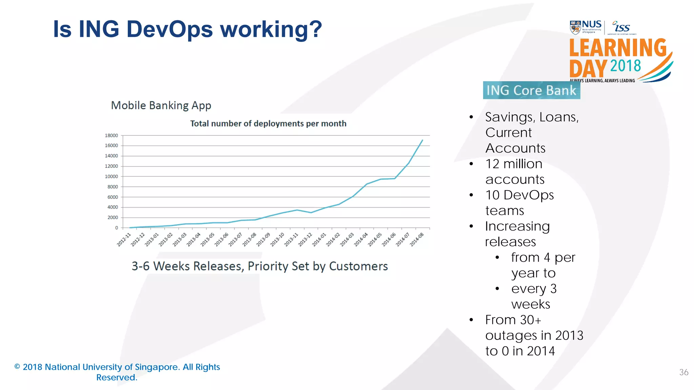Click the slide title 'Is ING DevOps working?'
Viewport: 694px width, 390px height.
click(x=187, y=29)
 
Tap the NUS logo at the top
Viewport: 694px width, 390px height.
click(x=586, y=27)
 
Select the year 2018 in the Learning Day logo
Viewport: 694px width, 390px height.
click(x=626, y=66)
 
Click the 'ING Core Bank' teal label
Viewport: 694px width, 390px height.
click(x=531, y=90)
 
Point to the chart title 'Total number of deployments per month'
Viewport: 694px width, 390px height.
click(x=268, y=124)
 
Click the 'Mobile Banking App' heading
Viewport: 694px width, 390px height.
click(x=161, y=106)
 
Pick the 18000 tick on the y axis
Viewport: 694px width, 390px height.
click(x=111, y=135)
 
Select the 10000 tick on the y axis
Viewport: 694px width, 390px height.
click(x=111, y=176)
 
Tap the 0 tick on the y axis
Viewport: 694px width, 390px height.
click(x=116, y=228)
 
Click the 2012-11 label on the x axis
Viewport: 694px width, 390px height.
click(x=124, y=239)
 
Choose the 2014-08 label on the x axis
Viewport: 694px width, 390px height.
click(x=417, y=239)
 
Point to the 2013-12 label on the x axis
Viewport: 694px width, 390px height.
click(x=305, y=239)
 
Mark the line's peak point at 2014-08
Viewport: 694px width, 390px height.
click(x=422, y=140)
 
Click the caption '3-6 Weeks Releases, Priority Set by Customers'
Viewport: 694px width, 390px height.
click(x=260, y=266)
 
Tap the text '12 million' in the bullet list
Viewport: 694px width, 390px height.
click(x=514, y=164)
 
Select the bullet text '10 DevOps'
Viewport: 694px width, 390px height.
click(x=519, y=195)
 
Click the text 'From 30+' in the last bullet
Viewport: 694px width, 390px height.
click(x=513, y=320)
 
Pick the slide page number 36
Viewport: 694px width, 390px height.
click(x=683, y=372)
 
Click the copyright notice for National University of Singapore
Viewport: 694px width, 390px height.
click(x=117, y=372)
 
